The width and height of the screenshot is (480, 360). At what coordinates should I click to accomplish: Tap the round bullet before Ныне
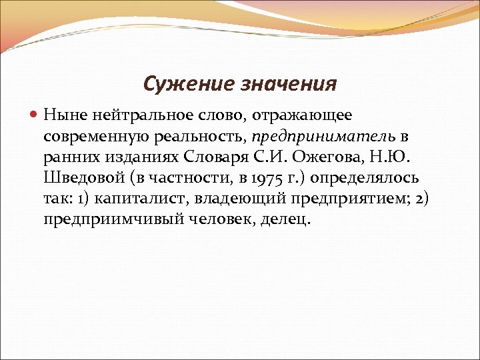pos(36,115)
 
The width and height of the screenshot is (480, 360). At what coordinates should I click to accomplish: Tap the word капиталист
pos(137,198)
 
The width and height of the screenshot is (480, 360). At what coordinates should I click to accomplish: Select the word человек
pos(211,219)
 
